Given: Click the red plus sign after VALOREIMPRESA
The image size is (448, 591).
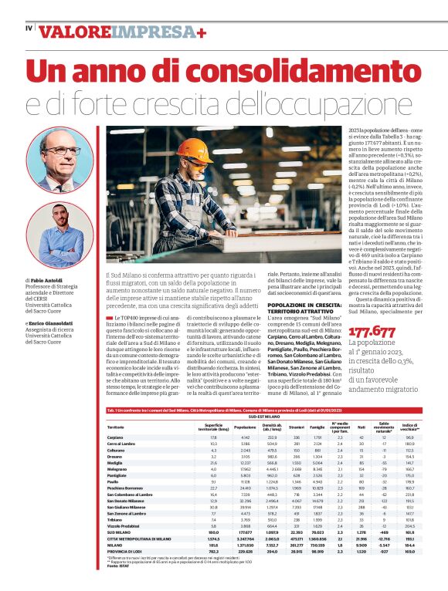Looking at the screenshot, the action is point(201,32).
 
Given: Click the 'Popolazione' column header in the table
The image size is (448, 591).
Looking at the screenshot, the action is point(244,426).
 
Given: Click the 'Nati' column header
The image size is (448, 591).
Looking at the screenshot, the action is point(362,426).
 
